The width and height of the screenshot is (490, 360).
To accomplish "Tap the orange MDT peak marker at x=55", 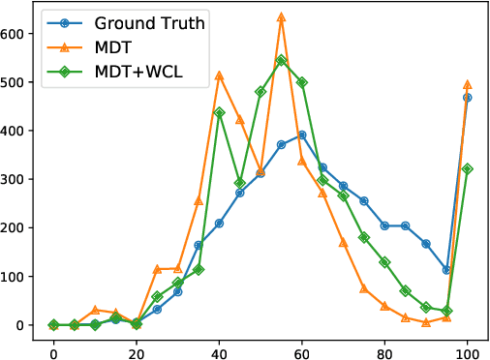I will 281,16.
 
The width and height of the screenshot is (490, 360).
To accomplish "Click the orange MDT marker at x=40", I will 219,75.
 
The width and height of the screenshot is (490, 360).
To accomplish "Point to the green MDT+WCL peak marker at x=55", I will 281,60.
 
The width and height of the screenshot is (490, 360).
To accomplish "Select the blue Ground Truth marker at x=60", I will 302,135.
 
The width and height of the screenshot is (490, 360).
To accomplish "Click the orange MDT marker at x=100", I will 468,84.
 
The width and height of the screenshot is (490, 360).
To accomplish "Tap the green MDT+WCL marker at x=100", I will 468,168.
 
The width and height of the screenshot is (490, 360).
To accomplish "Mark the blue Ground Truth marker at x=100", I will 468,97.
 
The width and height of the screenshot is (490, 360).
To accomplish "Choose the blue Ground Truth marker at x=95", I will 446,270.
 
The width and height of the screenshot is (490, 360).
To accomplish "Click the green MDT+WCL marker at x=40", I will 219,112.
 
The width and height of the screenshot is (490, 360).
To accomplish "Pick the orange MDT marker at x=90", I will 426,322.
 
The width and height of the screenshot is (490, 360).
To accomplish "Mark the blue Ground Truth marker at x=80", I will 384,225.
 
